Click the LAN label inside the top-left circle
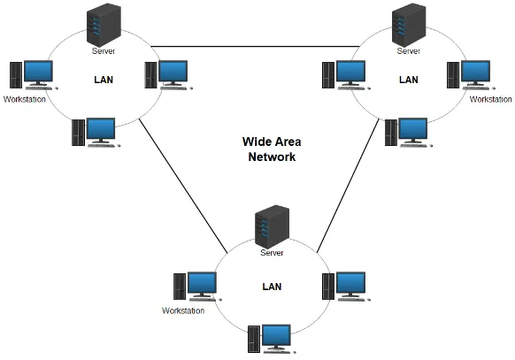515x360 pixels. coord(104,79)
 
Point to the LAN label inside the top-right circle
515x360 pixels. coord(408,79)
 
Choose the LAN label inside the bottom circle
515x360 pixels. coord(273,287)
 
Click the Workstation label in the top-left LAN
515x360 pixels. coord(24,98)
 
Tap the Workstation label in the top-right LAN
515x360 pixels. coord(490,99)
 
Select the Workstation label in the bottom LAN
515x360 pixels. coord(183,310)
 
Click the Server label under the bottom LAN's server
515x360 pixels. coord(271,253)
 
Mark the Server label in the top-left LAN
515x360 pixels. coord(104,51)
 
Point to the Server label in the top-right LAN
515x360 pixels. coord(408,51)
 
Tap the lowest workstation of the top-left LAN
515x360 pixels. coord(95,132)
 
